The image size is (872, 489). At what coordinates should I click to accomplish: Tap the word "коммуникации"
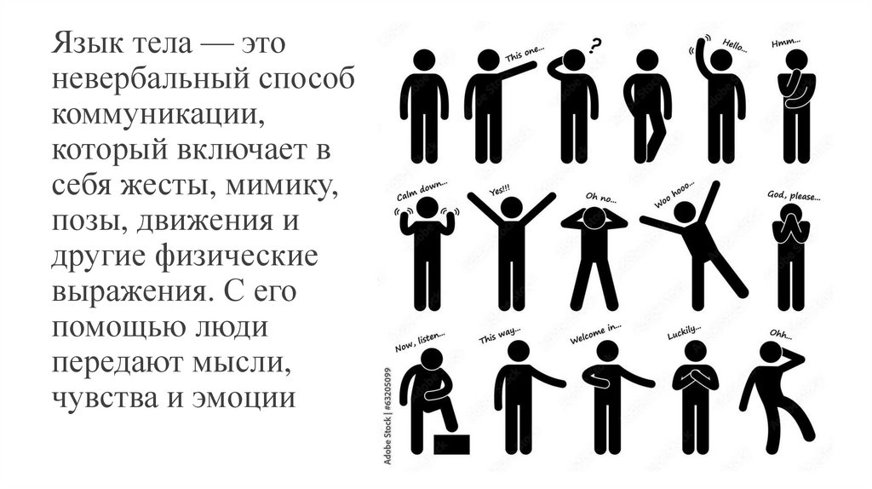pyautogui.click(x=158, y=115)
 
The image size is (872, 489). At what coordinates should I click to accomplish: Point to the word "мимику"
pyautogui.click(x=281, y=185)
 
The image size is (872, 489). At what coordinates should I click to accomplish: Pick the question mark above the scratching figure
pyautogui.click(x=595, y=44)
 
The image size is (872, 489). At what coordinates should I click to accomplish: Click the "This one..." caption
pyautogui.click(x=524, y=54)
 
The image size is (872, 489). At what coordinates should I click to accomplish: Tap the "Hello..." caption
pyautogui.click(x=735, y=45)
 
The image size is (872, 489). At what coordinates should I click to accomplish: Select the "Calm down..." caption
pyautogui.click(x=421, y=192)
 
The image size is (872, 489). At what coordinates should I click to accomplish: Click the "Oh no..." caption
pyautogui.click(x=600, y=198)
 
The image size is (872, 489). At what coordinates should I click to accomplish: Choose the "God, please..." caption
pyautogui.click(x=794, y=195)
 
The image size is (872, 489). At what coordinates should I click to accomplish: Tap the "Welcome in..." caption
pyautogui.click(x=595, y=333)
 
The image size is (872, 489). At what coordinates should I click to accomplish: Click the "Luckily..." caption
pyautogui.click(x=684, y=332)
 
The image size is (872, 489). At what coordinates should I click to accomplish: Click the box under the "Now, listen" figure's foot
pyautogui.click(x=451, y=445)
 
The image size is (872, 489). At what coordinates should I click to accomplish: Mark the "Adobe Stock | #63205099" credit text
pyautogui.click(x=387, y=416)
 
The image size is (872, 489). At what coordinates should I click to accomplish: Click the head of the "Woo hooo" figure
pyautogui.click(x=685, y=212)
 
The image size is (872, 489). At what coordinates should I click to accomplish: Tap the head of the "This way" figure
pyautogui.click(x=519, y=352)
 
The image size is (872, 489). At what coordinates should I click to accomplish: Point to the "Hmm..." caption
pyautogui.click(x=785, y=43)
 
